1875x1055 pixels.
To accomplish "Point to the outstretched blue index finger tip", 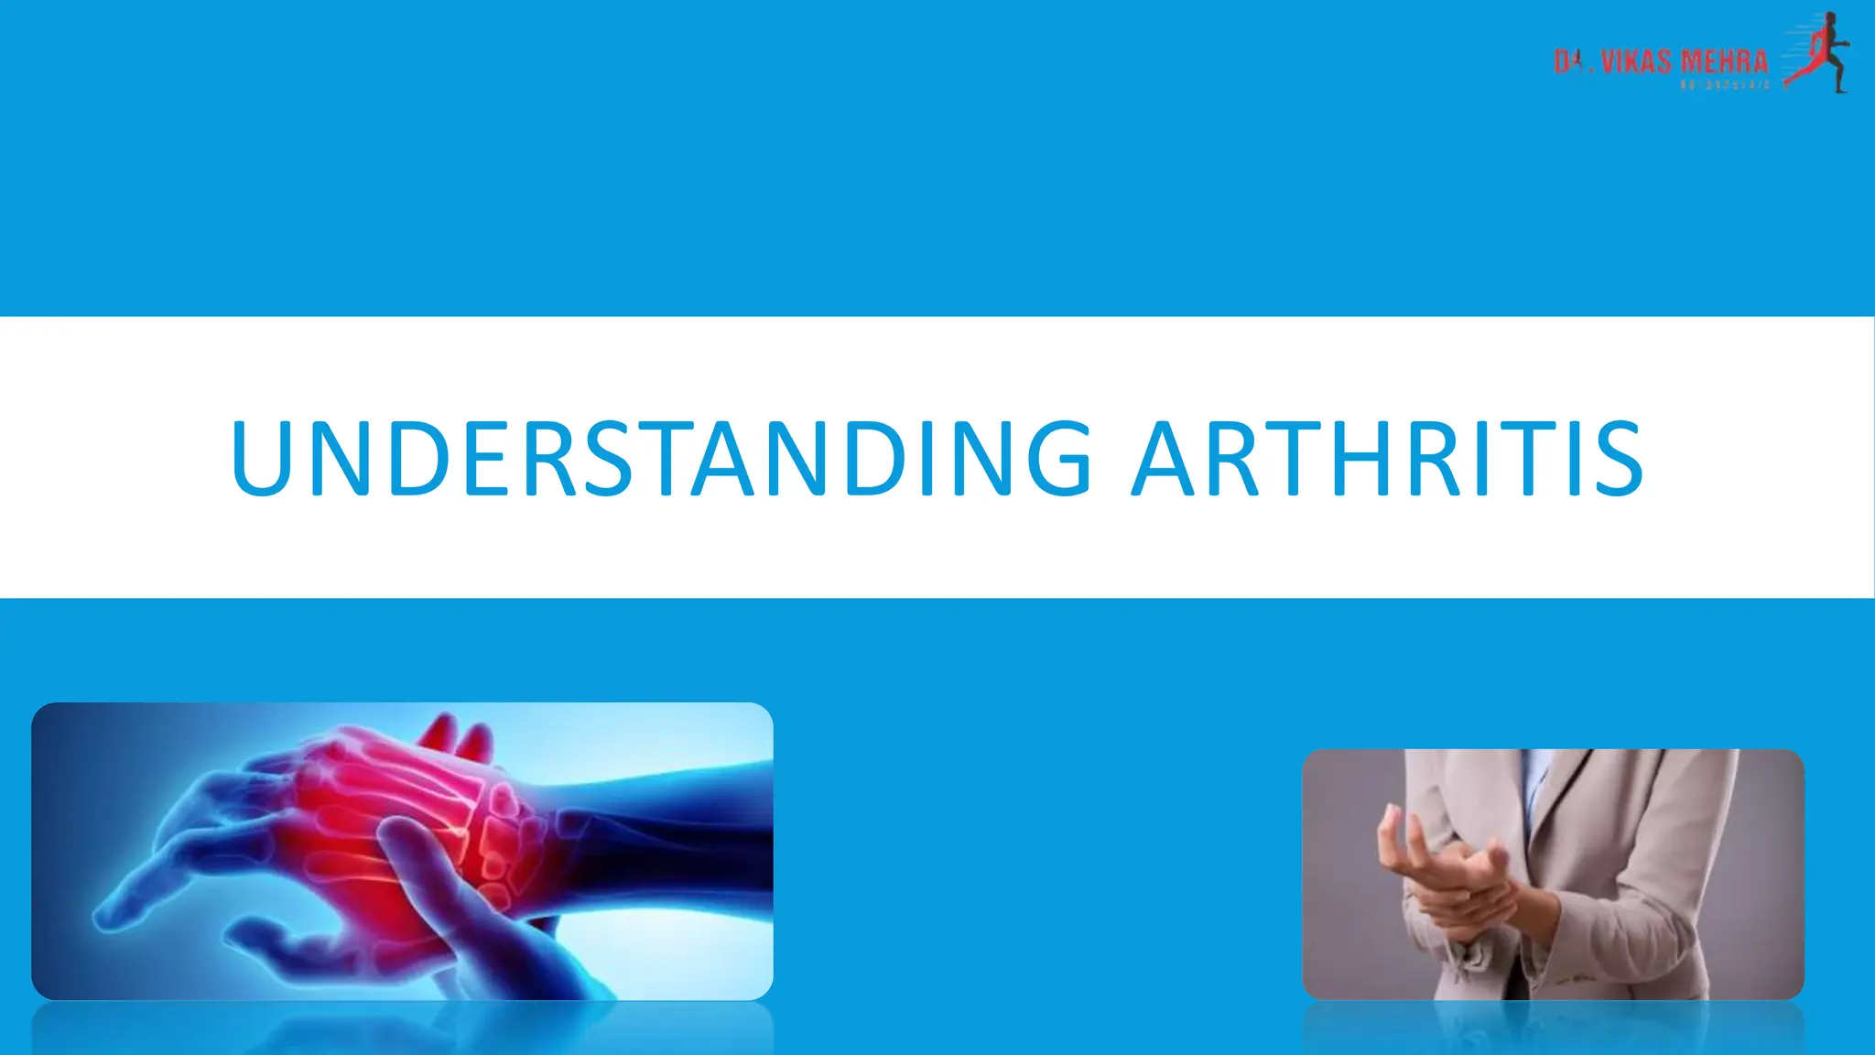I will [x=105, y=916].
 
